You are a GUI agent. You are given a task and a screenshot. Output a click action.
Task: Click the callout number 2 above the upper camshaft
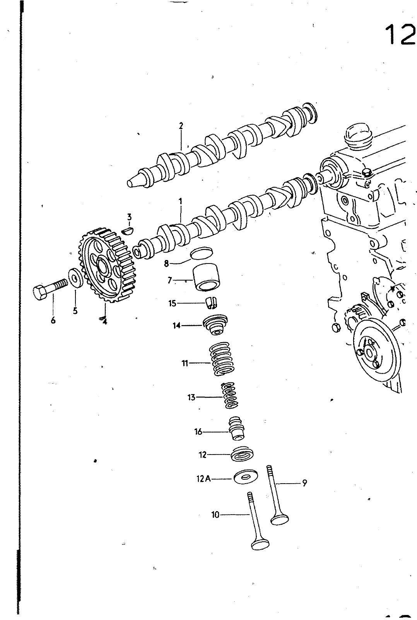pyautogui.click(x=181, y=126)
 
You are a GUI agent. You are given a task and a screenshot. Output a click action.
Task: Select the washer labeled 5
pyautogui.click(x=75, y=277)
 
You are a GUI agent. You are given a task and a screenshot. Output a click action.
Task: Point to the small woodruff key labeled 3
pyautogui.click(x=127, y=230)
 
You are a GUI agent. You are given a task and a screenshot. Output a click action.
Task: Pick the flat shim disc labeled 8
pyautogui.click(x=202, y=253)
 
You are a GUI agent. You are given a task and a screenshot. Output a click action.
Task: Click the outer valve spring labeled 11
pyautogui.click(x=221, y=359)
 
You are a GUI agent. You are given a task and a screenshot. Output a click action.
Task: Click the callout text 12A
pyautogui.click(x=203, y=479)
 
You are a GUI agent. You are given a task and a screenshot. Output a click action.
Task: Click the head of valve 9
pyautogui.click(x=279, y=519)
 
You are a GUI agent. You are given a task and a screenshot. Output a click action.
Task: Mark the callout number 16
pyautogui.click(x=198, y=432)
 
